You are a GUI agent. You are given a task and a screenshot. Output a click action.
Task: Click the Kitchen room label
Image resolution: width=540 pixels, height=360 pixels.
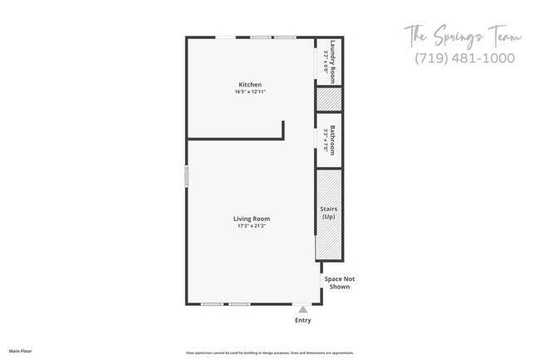pyautogui.click(x=250, y=85)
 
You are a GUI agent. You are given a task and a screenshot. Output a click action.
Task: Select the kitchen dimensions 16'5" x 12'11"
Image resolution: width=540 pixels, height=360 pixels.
pyautogui.click(x=250, y=92)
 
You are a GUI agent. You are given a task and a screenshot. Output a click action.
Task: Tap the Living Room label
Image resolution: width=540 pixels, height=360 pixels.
pyautogui.click(x=251, y=219)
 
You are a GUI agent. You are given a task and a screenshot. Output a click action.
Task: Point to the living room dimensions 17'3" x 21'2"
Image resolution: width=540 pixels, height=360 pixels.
pyautogui.click(x=251, y=226)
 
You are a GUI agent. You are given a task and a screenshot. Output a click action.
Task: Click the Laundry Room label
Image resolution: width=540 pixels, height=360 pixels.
pyautogui.click(x=333, y=57)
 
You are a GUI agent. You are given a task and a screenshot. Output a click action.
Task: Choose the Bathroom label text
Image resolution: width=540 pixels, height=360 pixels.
pyautogui.click(x=333, y=140)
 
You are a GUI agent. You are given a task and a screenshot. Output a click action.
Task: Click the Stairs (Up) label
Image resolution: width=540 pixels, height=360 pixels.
pyautogui.click(x=329, y=213)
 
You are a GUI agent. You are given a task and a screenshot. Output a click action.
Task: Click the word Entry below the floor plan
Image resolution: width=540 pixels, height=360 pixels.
pyautogui.click(x=303, y=321)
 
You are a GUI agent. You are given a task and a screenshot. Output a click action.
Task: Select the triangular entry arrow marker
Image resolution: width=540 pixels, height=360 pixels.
pyautogui.click(x=303, y=309)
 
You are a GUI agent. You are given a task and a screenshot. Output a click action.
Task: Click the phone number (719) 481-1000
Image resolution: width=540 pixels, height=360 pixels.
pyautogui.click(x=464, y=58)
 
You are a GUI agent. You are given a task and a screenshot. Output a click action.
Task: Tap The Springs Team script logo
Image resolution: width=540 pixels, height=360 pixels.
pyautogui.click(x=463, y=37)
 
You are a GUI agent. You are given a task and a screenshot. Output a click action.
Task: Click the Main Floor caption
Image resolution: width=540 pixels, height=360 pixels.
pyautogui.click(x=21, y=352)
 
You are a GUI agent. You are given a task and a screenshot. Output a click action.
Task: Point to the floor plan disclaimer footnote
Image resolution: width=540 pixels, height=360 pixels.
pyautogui.click(x=270, y=353)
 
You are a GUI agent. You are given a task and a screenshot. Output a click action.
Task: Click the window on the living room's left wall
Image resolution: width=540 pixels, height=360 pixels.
pyautogui.click(x=187, y=176)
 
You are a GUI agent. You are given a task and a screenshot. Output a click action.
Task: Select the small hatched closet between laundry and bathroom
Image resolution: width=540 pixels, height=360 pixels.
pyautogui.click(x=329, y=98)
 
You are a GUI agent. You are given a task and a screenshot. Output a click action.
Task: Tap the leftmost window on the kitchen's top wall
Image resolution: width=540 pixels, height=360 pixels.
pyautogui.click(x=225, y=37)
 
